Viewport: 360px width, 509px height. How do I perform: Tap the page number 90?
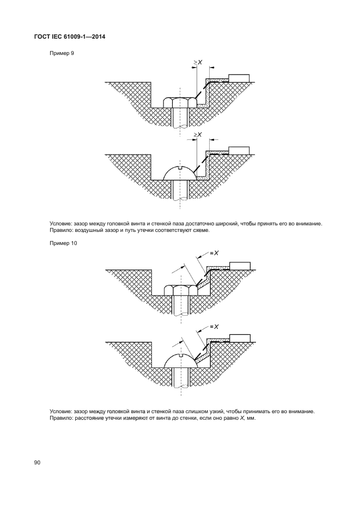point(38,463)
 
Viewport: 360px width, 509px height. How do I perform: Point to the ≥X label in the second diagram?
point(198,134)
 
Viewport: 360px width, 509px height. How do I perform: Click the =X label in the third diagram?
point(214,252)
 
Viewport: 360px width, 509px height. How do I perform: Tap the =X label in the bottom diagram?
point(214,327)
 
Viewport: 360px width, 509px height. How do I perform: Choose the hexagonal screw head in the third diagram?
point(180,290)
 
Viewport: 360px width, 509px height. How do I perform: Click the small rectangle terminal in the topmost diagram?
point(239,78)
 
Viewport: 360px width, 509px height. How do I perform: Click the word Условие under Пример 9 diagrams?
point(60,223)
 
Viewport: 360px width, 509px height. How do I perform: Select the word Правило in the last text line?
point(61,419)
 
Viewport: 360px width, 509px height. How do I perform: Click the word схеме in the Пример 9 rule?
point(197,230)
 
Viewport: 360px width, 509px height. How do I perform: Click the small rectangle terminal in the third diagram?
point(240,266)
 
